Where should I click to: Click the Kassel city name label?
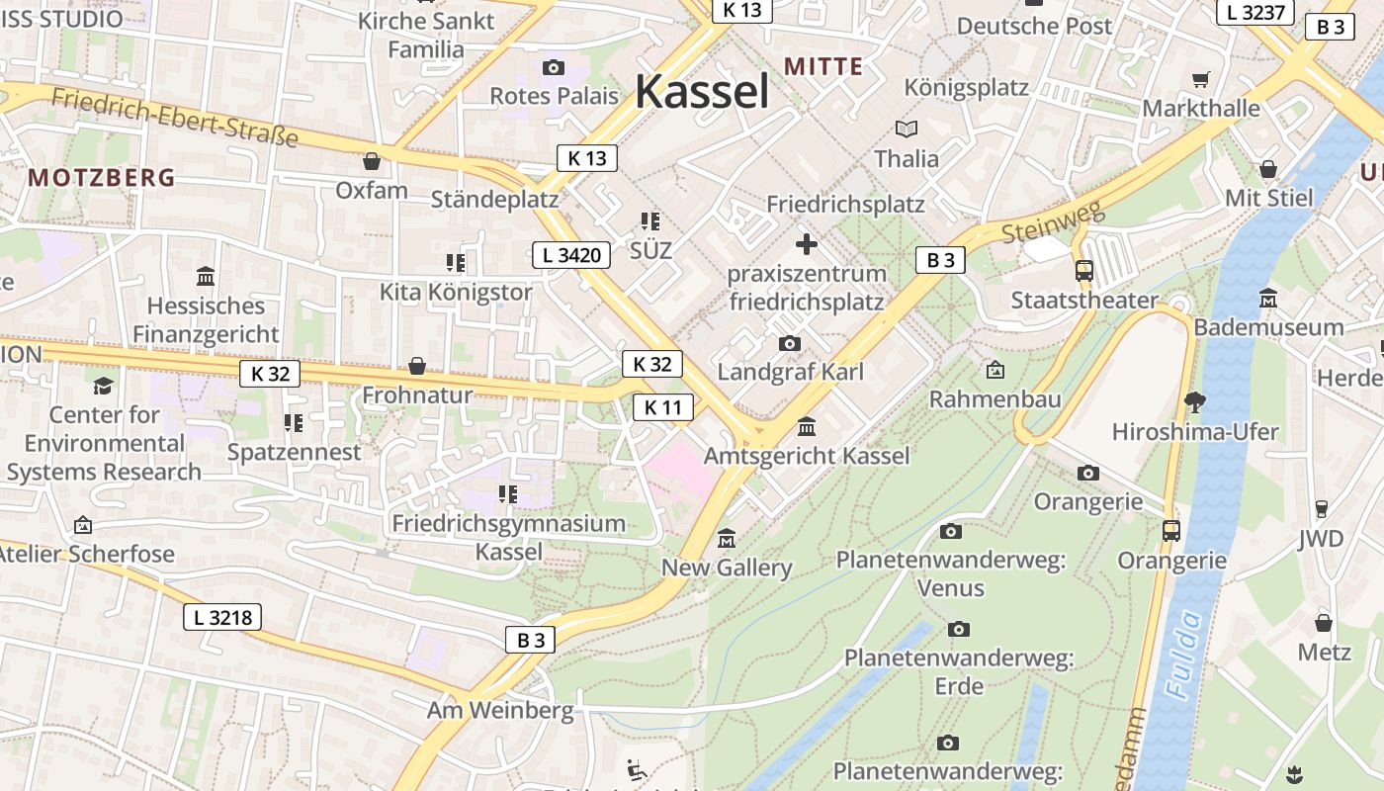[x=702, y=92]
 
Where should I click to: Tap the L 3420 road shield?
[x=571, y=255]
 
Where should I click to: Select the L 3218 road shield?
[x=222, y=618]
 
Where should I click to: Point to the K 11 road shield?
[x=662, y=407]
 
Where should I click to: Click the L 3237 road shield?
[x=1255, y=12]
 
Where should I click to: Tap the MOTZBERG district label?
[x=101, y=178]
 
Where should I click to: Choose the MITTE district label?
[x=823, y=66]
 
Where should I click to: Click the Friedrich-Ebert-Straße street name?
[x=174, y=117]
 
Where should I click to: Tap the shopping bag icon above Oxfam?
[x=372, y=160]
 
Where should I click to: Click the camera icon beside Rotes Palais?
[x=554, y=67]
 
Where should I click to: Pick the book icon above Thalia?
[x=907, y=129]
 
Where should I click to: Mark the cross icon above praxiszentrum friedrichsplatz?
[x=807, y=243]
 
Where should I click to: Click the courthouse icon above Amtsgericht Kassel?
[x=807, y=427]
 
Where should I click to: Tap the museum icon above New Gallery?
[x=728, y=539]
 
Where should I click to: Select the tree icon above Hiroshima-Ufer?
[x=1194, y=401]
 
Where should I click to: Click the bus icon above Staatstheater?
[x=1084, y=270]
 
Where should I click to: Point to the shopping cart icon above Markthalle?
[x=1201, y=79]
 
